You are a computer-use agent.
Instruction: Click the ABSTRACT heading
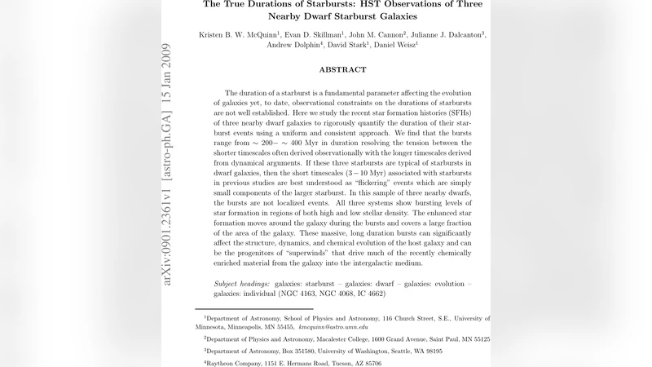342,69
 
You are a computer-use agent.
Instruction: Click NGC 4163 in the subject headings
311,293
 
